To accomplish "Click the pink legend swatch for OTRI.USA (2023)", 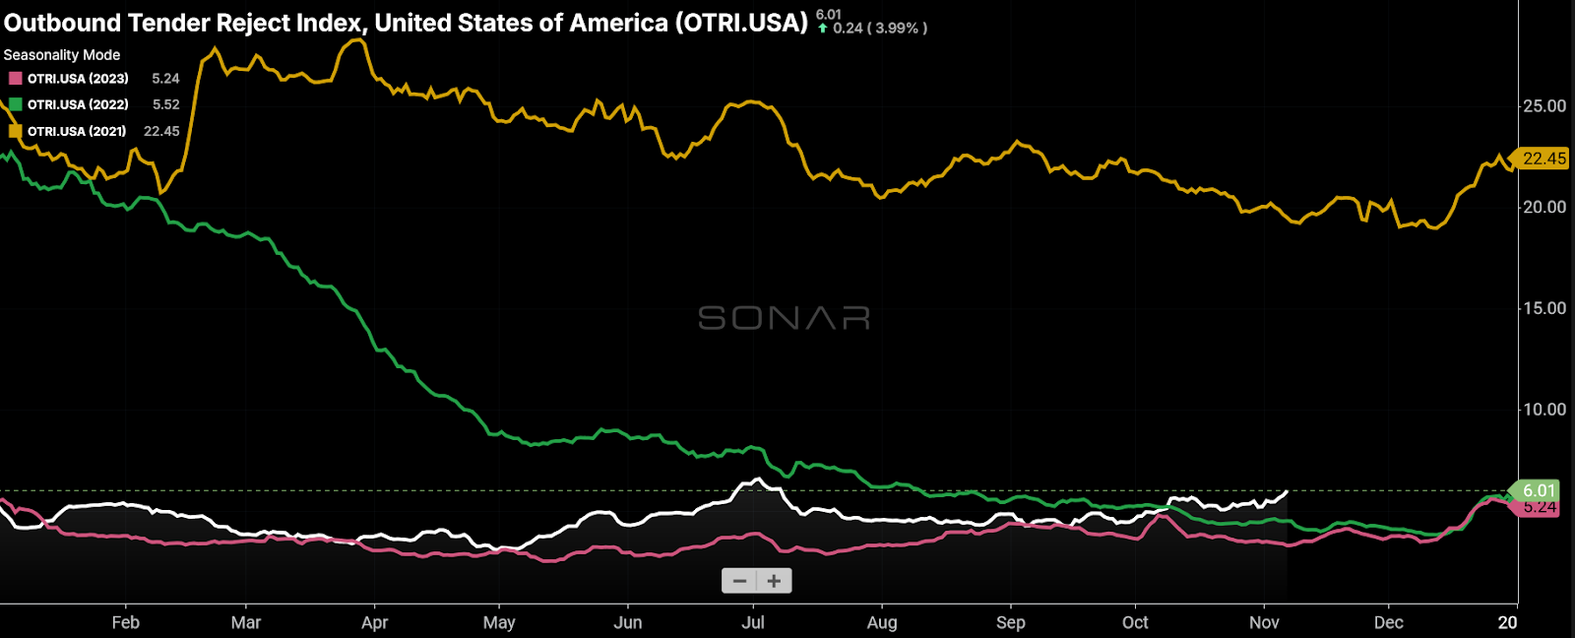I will [x=15, y=79].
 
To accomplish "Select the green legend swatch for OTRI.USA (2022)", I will [x=15, y=104].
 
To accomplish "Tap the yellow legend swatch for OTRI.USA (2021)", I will [x=15, y=131].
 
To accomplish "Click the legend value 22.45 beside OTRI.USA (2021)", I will [x=161, y=131].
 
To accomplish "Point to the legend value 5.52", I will [x=165, y=104].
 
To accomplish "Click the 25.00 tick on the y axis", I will [x=1543, y=106].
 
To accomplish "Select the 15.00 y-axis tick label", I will [x=1543, y=308].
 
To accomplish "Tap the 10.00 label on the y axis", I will [x=1543, y=410].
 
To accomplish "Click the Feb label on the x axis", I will [x=126, y=622].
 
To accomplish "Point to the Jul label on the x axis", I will [x=753, y=622].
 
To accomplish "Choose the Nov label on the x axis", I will [x=1264, y=622].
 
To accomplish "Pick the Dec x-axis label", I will [x=1389, y=622].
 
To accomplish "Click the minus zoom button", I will [x=739, y=581].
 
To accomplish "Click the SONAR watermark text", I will [x=784, y=318].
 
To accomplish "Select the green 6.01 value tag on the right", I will [x=1538, y=490].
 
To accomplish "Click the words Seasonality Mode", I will [x=62, y=55].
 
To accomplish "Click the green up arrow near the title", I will [x=823, y=29].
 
